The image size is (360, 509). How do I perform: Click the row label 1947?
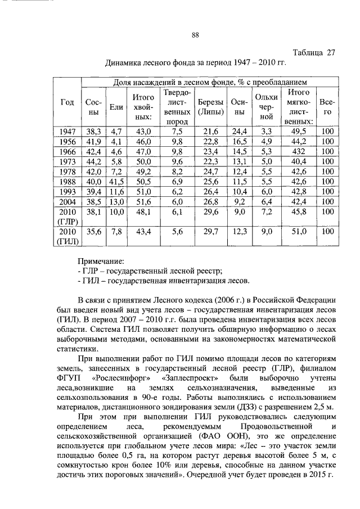[67, 132]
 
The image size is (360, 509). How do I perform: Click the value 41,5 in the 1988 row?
[116, 182]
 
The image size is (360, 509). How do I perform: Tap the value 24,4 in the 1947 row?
[240, 132]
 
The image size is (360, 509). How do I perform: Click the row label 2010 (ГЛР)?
[67, 217]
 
